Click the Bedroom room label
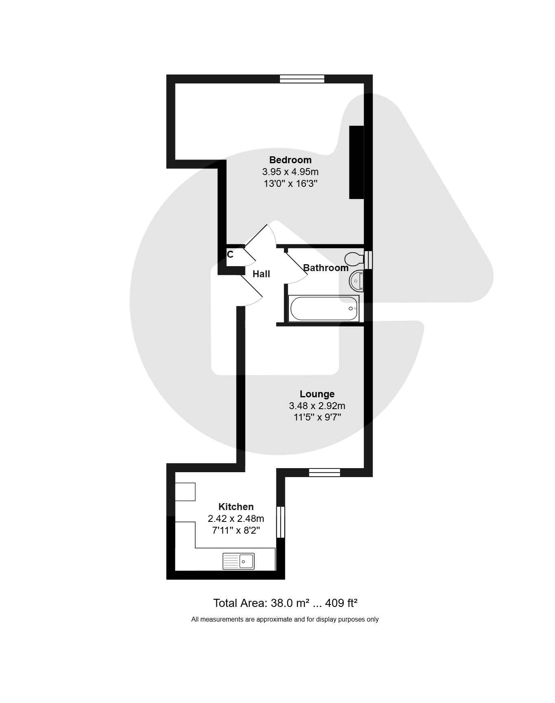pyautogui.click(x=290, y=160)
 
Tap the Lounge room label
pyautogui.click(x=317, y=394)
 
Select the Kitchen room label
pyautogui.click(x=236, y=507)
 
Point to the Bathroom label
pyautogui.click(x=326, y=268)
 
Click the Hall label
pyautogui.click(x=261, y=274)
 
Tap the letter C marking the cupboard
pyautogui.click(x=230, y=255)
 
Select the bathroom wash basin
pyautogui.click(x=356, y=281)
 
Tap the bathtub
pyautogui.click(x=324, y=309)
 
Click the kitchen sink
pyautogui.click(x=238, y=561)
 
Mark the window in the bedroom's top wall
pyautogui.click(x=302, y=79)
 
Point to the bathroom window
pyautogui.click(x=368, y=260)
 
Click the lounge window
pyautogui.click(x=324, y=473)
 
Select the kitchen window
pyautogui.click(x=281, y=522)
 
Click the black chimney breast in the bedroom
pyautogui.click(x=356, y=162)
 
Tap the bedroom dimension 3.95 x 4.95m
pyautogui.click(x=291, y=172)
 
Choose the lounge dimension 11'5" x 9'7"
pyautogui.click(x=317, y=417)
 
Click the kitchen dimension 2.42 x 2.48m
pyautogui.click(x=236, y=519)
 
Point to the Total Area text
pyautogui.click(x=285, y=603)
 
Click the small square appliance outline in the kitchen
pyautogui.click(x=185, y=491)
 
